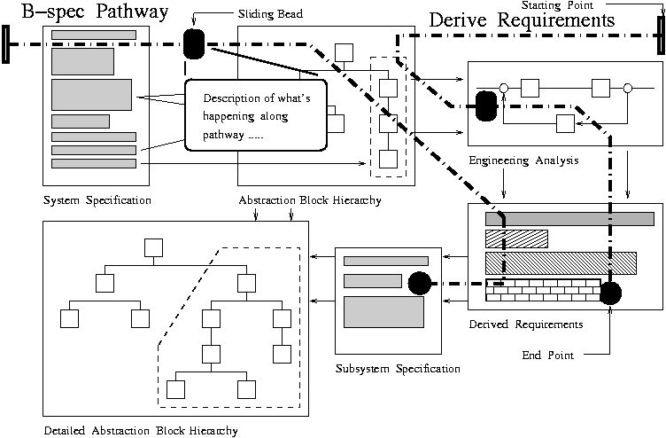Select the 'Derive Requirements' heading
click(522, 20)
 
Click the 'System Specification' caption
click(97, 200)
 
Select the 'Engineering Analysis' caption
click(523, 160)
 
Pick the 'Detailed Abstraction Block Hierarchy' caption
click(140, 431)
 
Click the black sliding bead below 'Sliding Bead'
click(193, 43)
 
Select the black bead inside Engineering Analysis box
click(485, 106)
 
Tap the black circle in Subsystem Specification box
click(419, 284)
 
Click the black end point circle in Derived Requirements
click(609, 293)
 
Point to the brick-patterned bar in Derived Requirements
click(542, 288)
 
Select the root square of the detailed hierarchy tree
click(154, 246)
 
